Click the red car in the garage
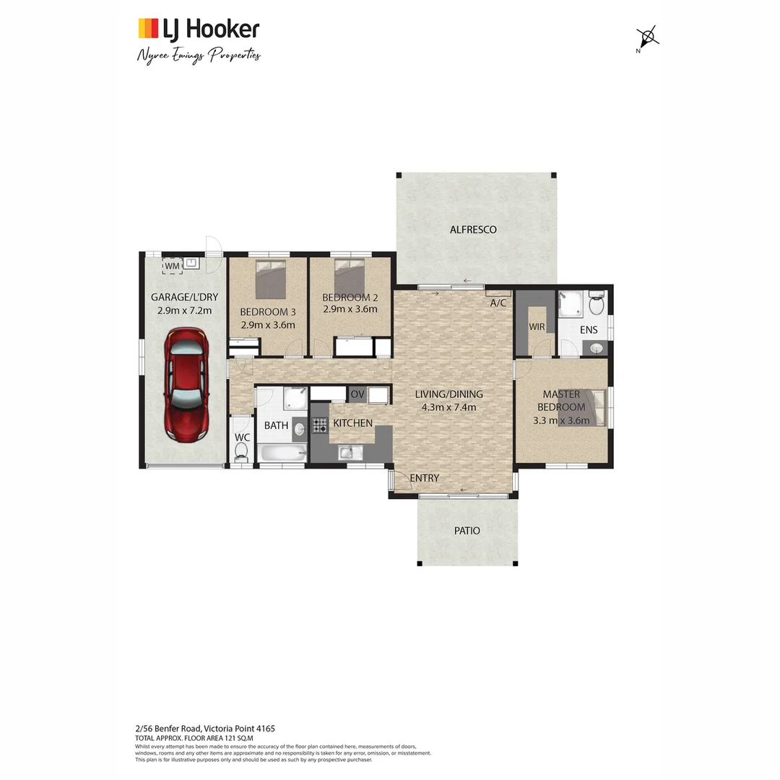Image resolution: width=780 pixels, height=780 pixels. coord(186,384)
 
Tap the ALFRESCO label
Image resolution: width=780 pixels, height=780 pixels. coord(473,230)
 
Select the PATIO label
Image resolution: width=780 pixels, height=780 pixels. coord(467,530)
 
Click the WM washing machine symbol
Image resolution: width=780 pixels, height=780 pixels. coord(172,266)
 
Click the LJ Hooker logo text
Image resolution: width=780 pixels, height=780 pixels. coord(209,29)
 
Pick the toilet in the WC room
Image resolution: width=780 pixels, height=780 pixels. coord(241,451)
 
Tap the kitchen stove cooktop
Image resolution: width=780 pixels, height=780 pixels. coord(319,425)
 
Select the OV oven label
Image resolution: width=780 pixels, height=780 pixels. coord(357,394)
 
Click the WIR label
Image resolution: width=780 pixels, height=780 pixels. coord(536,326)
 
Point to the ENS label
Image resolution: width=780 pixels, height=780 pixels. coord(589,329)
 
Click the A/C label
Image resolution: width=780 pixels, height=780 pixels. coord(498,303)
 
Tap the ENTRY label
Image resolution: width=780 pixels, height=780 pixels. coord(424,478)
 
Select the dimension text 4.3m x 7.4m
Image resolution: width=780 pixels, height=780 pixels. coord(448,407)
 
